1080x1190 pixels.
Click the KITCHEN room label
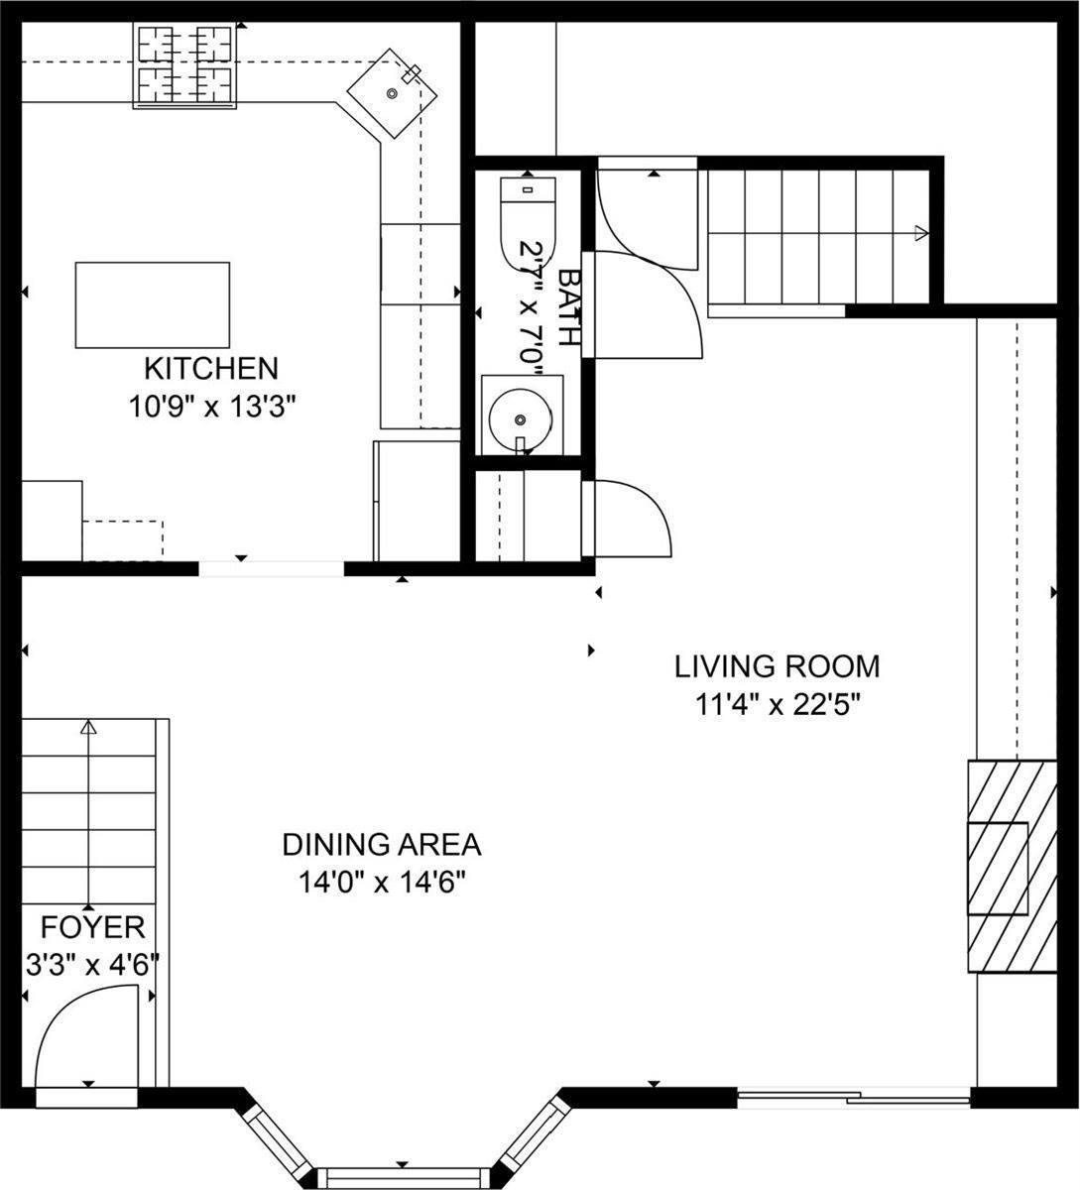[210, 368]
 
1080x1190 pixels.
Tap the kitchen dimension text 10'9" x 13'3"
[212, 407]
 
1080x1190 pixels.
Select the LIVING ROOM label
[777, 665]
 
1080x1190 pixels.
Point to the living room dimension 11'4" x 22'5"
[777, 704]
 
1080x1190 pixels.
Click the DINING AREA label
[382, 845]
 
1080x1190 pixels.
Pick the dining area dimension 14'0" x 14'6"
[383, 883]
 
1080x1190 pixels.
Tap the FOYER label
[92, 928]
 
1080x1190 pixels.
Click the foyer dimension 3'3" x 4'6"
[91, 965]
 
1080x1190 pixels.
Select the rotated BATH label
[567, 306]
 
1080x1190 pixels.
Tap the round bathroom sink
[520, 417]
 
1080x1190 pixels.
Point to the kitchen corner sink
[393, 94]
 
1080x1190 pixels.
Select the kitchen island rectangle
[153, 304]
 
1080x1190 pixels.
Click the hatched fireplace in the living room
[1012, 866]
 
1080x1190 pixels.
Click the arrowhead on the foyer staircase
[88, 729]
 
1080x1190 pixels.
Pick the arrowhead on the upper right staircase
[921, 233]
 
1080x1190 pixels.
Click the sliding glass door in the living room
[854, 1097]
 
